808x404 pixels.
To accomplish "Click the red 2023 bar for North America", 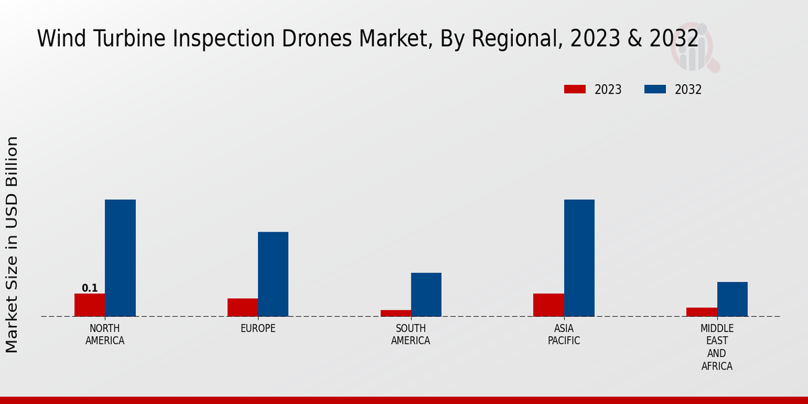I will [90, 305].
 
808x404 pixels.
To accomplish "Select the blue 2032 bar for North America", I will [121, 258].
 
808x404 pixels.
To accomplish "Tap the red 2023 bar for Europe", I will [242, 307].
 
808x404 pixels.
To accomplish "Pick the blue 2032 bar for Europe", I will [273, 274].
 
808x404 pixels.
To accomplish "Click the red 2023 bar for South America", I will [395, 313].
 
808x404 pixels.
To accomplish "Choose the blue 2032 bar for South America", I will [426, 294].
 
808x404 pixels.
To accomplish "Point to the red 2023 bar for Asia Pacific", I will [549, 305].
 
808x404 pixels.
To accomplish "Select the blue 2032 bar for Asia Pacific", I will [579, 258].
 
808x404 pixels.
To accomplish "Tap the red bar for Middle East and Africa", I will [702, 312].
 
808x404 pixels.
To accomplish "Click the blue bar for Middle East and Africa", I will [732, 299].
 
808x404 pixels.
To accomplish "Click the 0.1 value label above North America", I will [90, 288].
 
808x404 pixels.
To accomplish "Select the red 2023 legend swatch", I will [575, 90].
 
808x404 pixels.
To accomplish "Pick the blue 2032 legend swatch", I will [655, 90].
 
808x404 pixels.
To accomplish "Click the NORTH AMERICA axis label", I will [105, 335].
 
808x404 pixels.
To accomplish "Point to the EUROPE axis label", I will [258, 329].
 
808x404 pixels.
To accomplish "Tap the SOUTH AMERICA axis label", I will [411, 335].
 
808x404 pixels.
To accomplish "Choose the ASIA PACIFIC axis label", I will [564, 335].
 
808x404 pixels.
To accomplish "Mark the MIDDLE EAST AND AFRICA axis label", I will [716, 347].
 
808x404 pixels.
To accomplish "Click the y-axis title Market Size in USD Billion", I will [12, 244].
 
